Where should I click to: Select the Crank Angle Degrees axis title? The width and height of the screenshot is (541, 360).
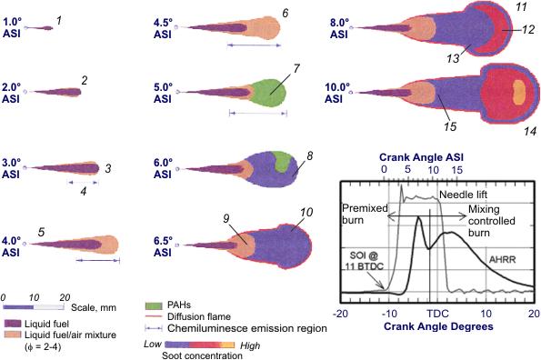coord(438,324)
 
